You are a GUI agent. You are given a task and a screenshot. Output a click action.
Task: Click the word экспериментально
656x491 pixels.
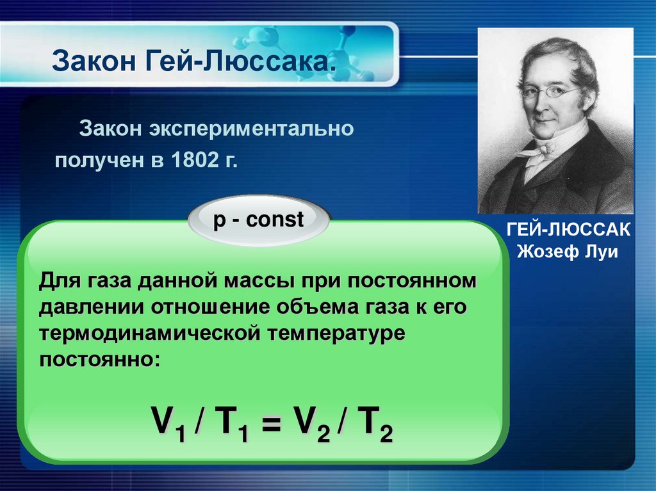coord(252,129)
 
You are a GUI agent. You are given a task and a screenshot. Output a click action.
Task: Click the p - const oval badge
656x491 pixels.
coord(259,220)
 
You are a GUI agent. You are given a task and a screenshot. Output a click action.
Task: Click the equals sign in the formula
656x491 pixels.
coord(272,424)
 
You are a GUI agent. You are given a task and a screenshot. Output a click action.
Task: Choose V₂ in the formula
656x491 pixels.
coord(312,424)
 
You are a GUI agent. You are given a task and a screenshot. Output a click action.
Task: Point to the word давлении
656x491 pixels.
coord(92,307)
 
